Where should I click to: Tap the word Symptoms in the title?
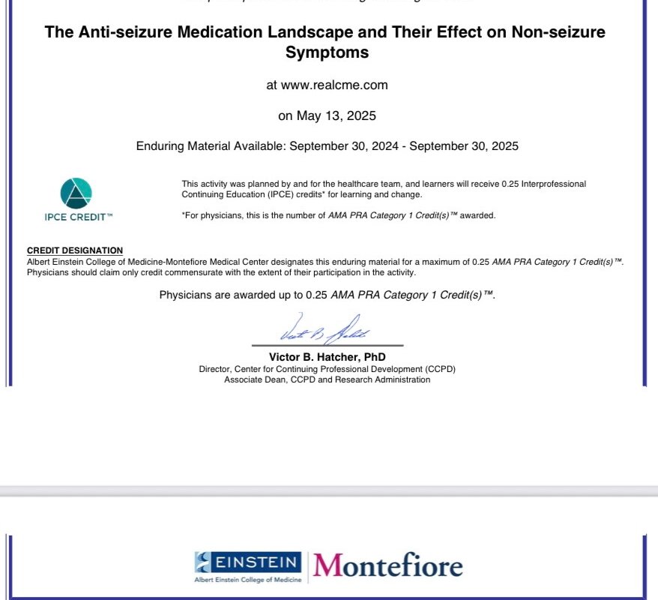[327, 53]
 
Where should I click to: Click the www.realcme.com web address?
[327, 85]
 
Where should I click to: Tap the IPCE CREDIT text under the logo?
[78, 217]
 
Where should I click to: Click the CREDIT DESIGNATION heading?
[75, 250]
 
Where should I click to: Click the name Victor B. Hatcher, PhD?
[327, 358]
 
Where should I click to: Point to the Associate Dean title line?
[327, 379]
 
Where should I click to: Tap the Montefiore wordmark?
[387, 565]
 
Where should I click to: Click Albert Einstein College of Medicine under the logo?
[248, 580]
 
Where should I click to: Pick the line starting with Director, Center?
[327, 369]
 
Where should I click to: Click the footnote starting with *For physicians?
[339, 215]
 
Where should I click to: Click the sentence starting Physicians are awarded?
[327, 295]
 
